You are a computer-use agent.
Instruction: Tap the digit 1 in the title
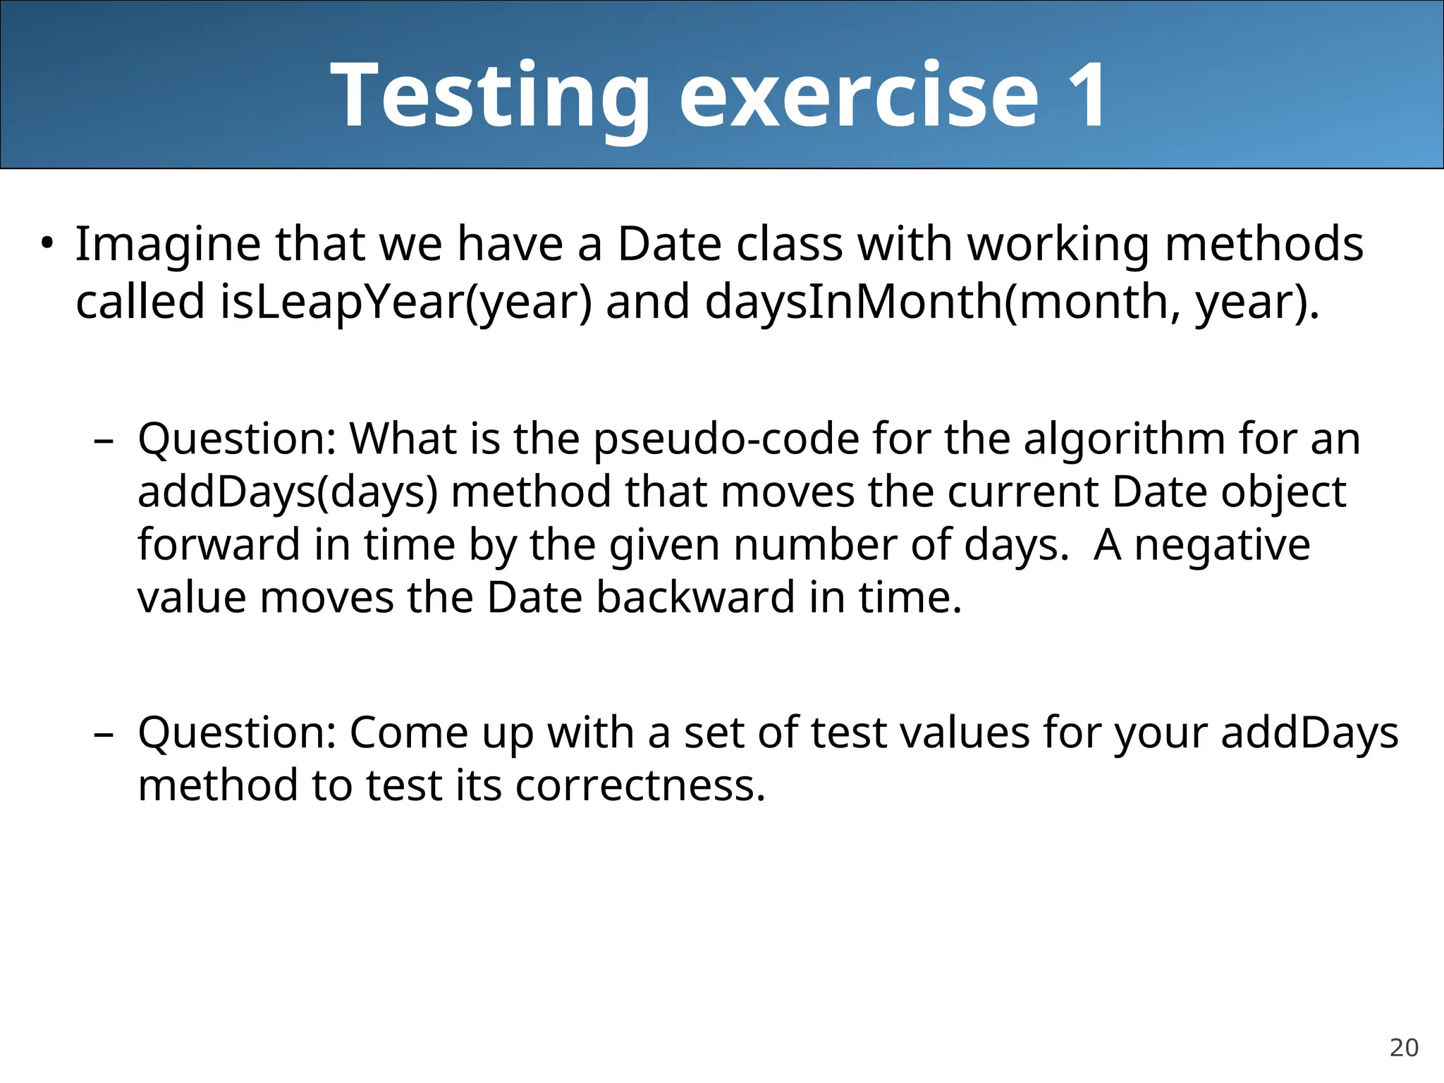(1087, 95)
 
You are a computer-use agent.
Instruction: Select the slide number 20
(1403, 1048)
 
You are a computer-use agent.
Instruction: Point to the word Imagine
(168, 244)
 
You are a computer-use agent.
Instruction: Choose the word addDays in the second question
(1309, 733)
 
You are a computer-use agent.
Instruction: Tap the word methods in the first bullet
(1263, 244)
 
